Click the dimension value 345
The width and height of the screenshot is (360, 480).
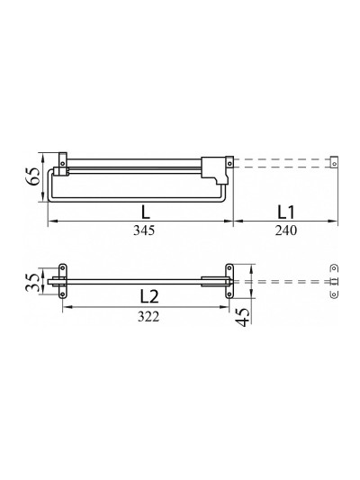click(144, 231)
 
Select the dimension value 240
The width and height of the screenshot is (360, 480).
click(285, 231)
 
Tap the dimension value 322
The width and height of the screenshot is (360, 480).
click(148, 316)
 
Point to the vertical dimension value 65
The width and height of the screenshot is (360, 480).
click(32, 176)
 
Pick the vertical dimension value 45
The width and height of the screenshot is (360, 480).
click(242, 317)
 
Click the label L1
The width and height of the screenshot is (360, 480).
click(285, 213)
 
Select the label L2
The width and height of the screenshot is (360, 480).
click(149, 296)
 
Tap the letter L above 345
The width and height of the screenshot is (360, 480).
click(146, 213)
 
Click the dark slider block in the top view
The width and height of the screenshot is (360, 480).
click(214, 170)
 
